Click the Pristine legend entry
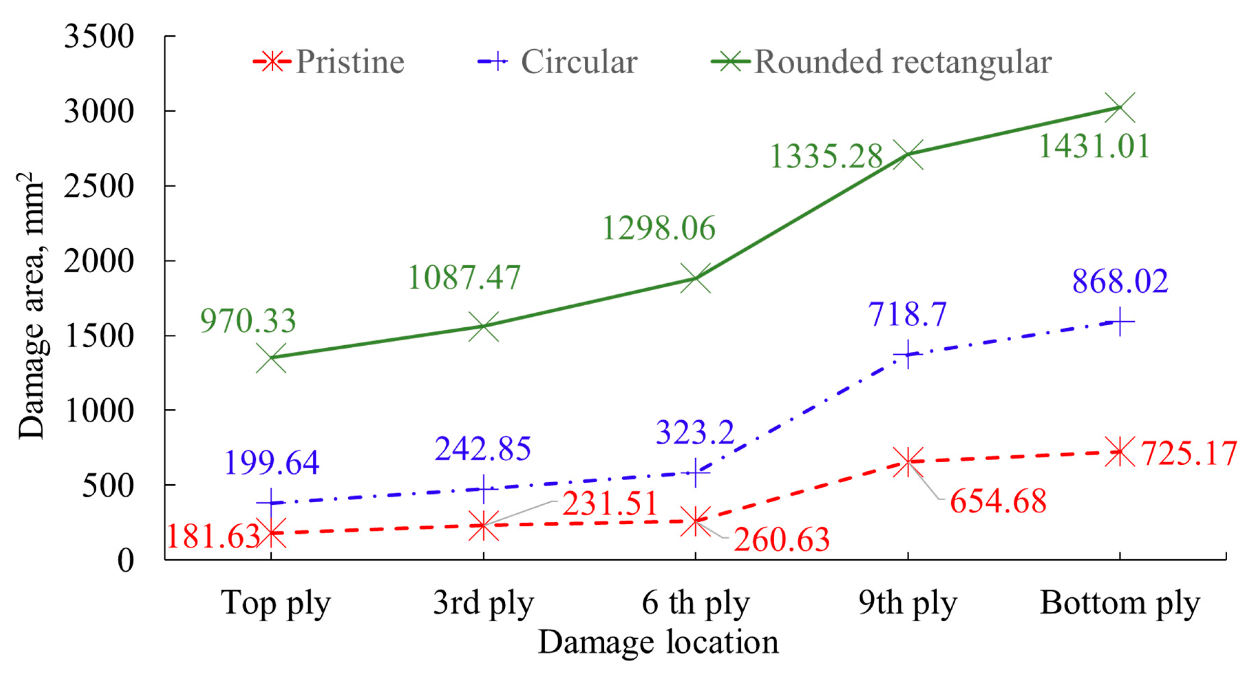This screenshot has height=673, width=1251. (329, 62)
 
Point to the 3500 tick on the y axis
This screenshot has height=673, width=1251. (98, 36)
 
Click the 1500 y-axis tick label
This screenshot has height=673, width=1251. (98, 336)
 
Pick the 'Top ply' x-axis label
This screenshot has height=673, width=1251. (275, 603)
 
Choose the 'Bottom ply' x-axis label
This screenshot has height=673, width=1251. (1120, 603)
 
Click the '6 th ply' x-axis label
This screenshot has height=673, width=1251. (696, 603)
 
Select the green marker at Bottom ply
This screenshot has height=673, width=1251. (1120, 107)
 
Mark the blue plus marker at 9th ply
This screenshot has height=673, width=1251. (908, 354)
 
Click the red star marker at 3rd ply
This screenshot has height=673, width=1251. (483, 525)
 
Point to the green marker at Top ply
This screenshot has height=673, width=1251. (271, 358)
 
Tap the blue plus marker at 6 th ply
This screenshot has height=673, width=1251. (696, 472)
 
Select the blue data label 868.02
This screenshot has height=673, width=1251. (1120, 281)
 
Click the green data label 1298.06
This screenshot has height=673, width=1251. (658, 228)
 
